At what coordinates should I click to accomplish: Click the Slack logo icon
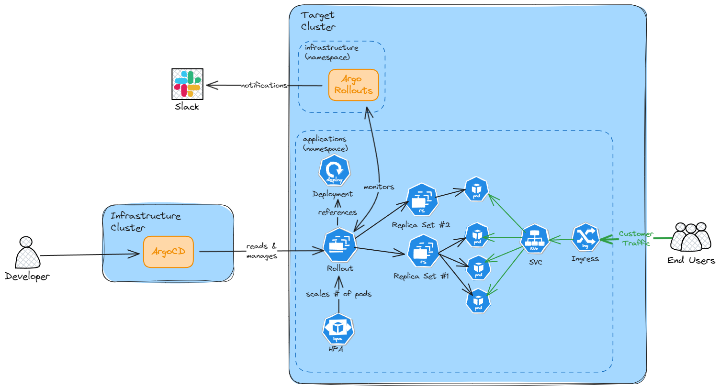pyautogui.click(x=188, y=84)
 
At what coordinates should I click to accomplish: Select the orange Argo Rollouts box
pyautogui.click(x=354, y=85)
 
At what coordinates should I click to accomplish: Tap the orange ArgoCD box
pyautogui.click(x=169, y=252)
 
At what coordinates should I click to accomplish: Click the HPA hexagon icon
pyautogui.click(x=338, y=329)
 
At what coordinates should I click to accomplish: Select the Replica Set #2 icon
pyautogui.click(x=422, y=200)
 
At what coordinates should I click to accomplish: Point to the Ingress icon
pyautogui.click(x=585, y=237)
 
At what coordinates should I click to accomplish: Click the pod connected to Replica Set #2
pyautogui.click(x=477, y=188)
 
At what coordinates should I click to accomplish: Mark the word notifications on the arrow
pyautogui.click(x=264, y=86)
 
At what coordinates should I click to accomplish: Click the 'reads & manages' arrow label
pyautogui.click(x=261, y=251)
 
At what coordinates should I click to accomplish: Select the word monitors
pyautogui.click(x=379, y=186)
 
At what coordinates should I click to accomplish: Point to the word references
pyautogui.click(x=338, y=212)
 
